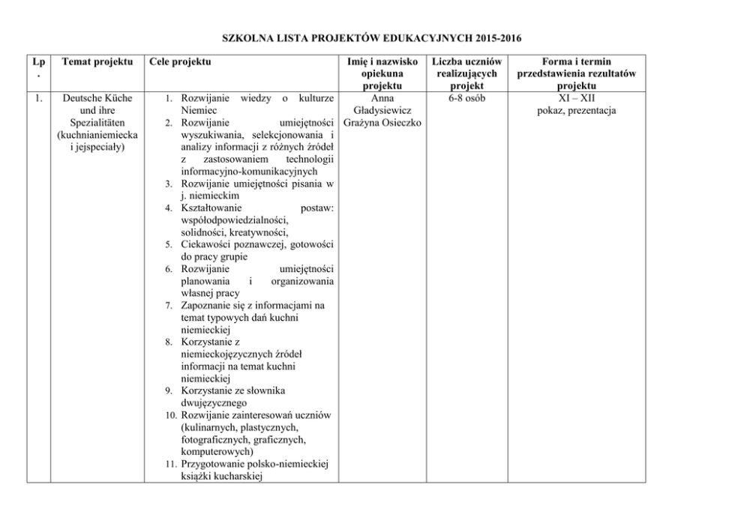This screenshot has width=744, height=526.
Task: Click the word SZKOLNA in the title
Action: click(x=250, y=38)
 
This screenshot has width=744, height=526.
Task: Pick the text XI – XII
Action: click(x=576, y=98)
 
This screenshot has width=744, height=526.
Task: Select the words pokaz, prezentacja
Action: click(x=576, y=111)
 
